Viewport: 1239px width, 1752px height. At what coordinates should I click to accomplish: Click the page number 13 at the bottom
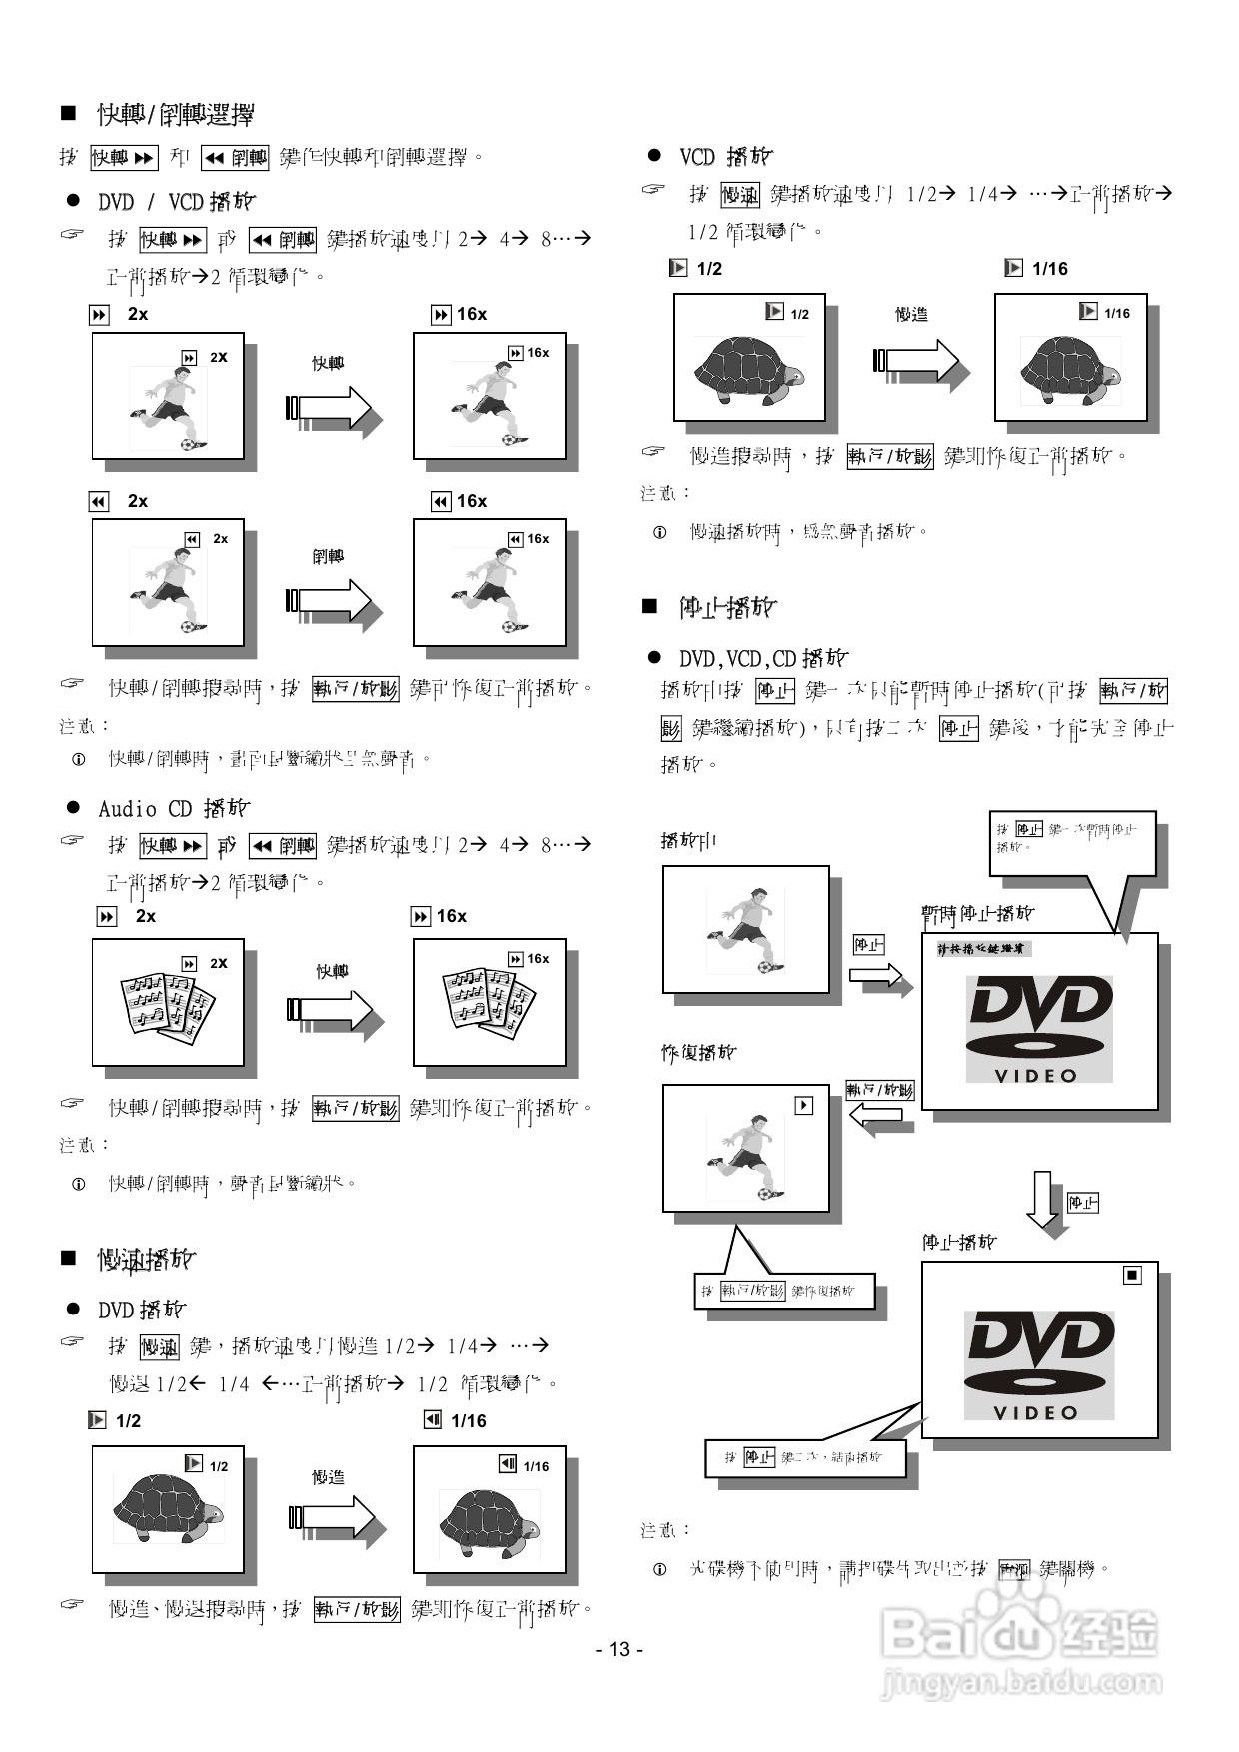tap(619, 1649)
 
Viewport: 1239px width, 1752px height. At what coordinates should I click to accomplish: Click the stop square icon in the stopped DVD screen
tap(1132, 1276)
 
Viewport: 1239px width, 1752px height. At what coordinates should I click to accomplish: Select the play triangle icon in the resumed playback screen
tap(804, 1106)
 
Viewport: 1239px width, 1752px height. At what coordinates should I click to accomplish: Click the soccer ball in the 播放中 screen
tap(764, 967)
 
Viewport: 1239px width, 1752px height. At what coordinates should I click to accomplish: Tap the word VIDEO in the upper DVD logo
tap(1037, 1076)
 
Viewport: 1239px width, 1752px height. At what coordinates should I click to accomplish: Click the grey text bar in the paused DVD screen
tap(983, 949)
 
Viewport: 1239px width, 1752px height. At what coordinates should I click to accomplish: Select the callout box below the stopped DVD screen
tap(805, 1458)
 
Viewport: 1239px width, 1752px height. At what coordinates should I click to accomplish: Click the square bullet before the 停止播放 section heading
tap(650, 606)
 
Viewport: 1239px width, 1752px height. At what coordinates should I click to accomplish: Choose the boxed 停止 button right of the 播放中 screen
tap(868, 944)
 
